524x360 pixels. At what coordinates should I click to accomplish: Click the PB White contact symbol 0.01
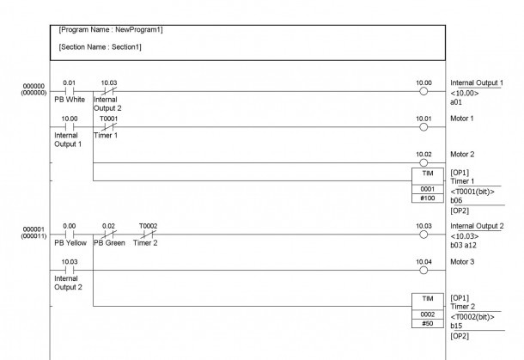70,91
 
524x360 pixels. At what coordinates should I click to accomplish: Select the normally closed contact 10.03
109,91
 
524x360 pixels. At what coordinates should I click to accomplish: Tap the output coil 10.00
423,91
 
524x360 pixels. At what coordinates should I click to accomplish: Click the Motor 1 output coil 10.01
423,127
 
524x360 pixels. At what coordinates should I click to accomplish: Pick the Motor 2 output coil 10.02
423,162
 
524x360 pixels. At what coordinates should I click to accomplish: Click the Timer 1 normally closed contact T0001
109,126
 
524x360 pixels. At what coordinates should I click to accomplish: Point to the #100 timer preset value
428,198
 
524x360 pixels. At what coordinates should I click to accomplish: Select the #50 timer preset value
428,324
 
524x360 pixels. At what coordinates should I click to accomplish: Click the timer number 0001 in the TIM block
428,189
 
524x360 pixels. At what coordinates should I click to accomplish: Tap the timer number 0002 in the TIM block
428,314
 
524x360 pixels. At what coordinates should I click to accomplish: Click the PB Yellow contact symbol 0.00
70,235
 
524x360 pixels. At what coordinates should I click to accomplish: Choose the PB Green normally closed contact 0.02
109,235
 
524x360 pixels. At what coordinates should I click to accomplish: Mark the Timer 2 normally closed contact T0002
149,235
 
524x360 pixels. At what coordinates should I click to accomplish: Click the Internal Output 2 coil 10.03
423,235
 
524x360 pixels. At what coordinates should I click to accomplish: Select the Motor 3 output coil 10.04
423,270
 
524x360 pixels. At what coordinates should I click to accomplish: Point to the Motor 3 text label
462,262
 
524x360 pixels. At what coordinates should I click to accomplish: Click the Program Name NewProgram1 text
111,30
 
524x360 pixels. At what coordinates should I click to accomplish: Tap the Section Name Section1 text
100,47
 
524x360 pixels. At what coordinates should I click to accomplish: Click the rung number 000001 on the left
34,229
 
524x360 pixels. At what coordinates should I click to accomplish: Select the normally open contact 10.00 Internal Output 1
70,126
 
